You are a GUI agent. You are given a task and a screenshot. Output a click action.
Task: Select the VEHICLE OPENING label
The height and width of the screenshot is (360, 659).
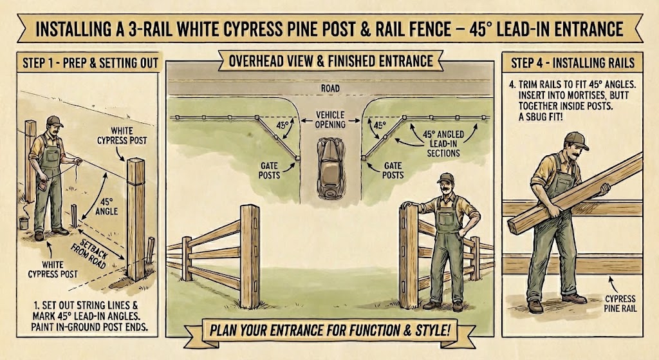pyautogui.click(x=329, y=119)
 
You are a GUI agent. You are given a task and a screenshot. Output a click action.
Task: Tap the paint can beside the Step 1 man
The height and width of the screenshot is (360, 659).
pyautogui.click(x=24, y=223)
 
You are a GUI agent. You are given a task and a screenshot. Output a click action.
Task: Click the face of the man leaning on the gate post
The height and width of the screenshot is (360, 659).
pyautogui.click(x=445, y=189)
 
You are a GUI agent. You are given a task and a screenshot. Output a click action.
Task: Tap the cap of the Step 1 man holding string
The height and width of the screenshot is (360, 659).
pyautogui.click(x=54, y=120)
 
